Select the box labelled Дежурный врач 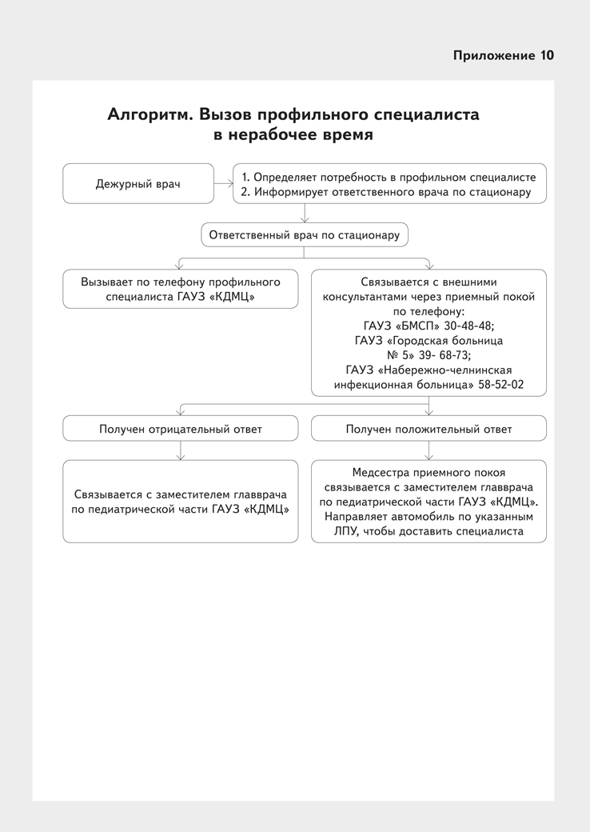tap(138, 184)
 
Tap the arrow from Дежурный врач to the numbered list tap(223, 184)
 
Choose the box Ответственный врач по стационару tap(304, 234)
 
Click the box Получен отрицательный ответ tap(181, 429)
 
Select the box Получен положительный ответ tap(429, 429)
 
